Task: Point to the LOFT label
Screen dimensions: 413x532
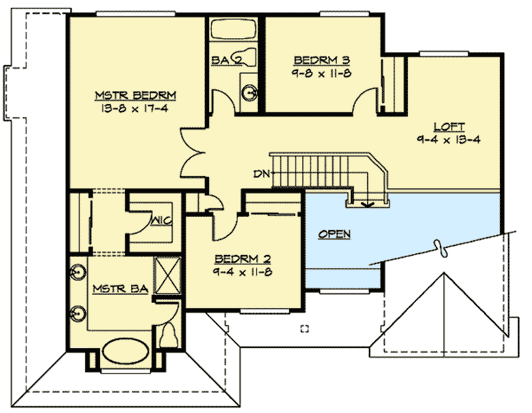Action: (449, 127)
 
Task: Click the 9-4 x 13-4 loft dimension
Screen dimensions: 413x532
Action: (449, 140)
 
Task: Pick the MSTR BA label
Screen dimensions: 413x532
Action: (110, 289)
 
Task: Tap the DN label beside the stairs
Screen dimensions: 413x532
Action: (261, 175)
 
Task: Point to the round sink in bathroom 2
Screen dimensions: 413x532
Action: (249, 93)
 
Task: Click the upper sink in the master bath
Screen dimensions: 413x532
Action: (75, 273)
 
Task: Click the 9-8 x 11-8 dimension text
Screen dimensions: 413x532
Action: (317, 73)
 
